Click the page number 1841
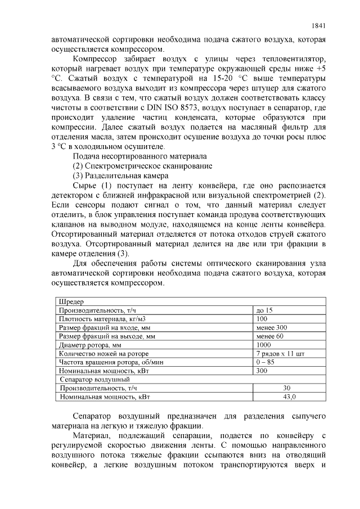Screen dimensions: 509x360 (318, 25)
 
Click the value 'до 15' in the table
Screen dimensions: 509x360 (264, 310)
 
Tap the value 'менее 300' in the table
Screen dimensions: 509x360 (271, 327)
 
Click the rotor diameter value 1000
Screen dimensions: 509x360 (263, 344)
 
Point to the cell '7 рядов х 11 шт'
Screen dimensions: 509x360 (280, 353)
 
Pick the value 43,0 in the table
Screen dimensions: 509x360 (289, 397)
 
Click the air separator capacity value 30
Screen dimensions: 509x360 (287, 388)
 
